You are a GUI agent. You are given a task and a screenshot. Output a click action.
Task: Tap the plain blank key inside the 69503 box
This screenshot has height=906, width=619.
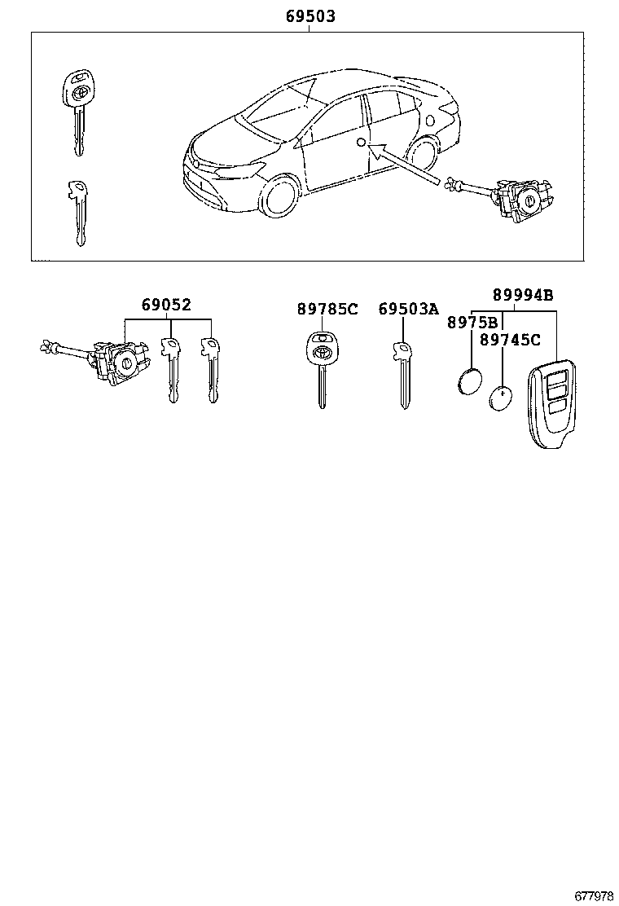tap(77, 208)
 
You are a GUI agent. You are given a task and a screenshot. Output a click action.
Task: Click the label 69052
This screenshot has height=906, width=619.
tap(165, 306)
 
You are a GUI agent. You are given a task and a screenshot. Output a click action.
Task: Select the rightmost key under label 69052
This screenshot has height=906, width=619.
tap(212, 367)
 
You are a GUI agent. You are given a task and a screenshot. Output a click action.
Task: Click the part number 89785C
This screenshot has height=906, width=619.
tap(327, 309)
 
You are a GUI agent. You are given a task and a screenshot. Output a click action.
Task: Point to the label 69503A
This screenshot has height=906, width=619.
tap(408, 309)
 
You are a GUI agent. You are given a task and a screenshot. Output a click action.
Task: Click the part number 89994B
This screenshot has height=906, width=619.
tap(521, 295)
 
